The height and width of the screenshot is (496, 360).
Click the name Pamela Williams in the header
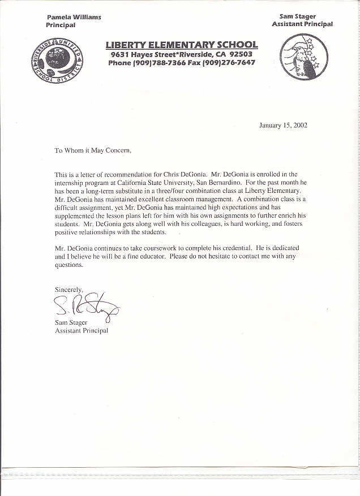(x=74, y=17)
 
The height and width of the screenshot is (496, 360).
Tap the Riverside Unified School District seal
(x=57, y=63)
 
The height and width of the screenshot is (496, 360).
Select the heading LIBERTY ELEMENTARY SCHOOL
(x=181, y=45)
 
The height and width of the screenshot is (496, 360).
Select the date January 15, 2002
(x=283, y=126)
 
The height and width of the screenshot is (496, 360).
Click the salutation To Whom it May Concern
(x=93, y=150)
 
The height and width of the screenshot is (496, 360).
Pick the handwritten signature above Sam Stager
(x=85, y=307)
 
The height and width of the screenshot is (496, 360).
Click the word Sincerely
(x=68, y=289)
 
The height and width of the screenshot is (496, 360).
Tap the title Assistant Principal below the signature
(x=81, y=330)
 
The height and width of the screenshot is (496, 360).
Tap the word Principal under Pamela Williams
(x=60, y=25)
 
